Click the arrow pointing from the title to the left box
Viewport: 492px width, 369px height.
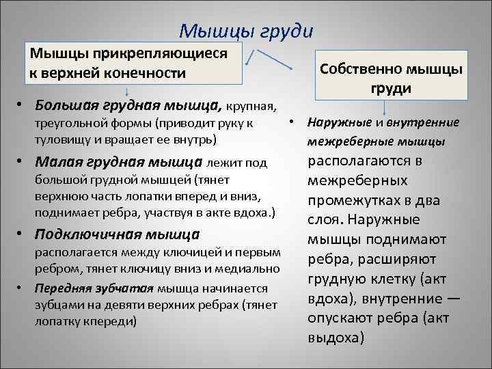251,59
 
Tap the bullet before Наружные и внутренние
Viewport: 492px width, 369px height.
290,123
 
